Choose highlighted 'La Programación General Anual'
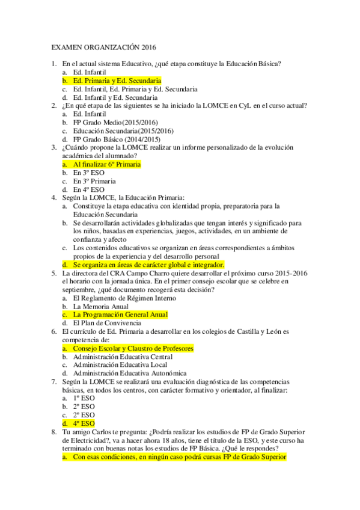coord(120,315)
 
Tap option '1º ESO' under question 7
coord(84,398)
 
